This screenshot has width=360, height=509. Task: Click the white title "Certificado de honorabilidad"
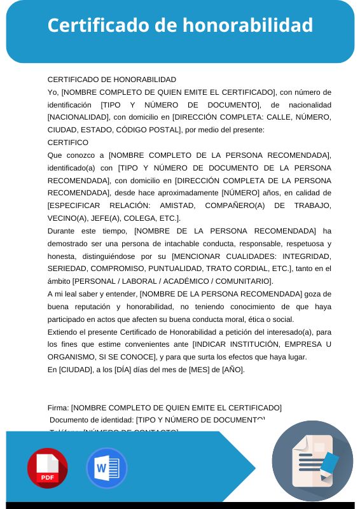pos(180,25)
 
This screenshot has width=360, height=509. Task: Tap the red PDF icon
pos(47,468)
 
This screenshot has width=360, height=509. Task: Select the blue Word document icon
pos(107,468)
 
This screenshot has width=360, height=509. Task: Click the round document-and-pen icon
pos(312,461)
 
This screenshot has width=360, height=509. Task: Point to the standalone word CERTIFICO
pos(68,143)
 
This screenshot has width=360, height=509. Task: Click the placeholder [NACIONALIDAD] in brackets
pos(78,117)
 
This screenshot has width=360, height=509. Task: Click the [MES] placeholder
pos(200,370)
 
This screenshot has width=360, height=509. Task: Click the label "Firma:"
pos(58,407)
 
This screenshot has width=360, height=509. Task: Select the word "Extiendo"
pos(64,332)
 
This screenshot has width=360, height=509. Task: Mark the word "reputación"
pos(97,307)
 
